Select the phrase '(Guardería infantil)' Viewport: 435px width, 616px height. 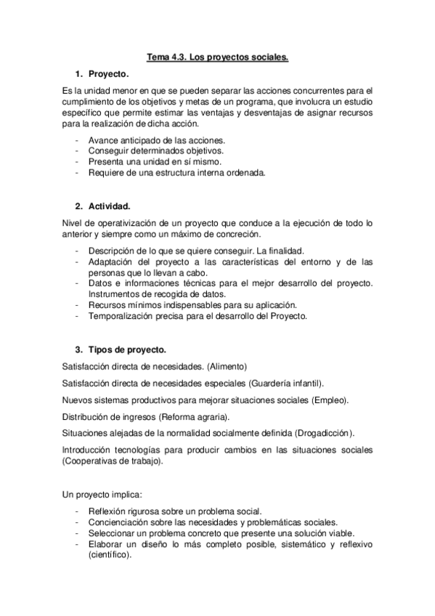[x=285, y=383]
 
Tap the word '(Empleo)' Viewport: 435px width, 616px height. [x=330, y=400]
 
